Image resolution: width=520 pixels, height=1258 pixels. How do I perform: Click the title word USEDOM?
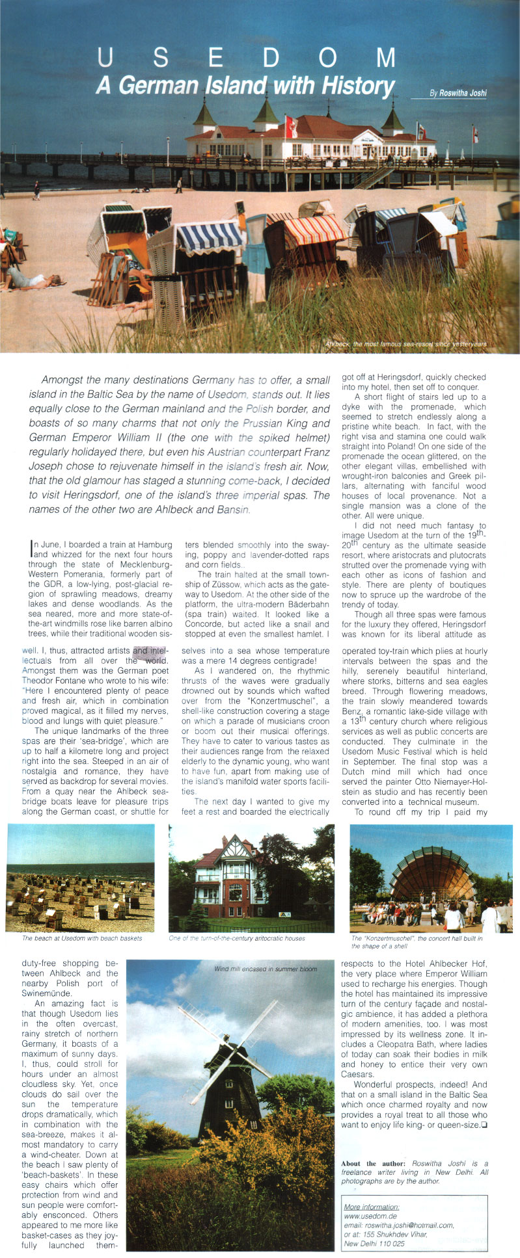[246, 59]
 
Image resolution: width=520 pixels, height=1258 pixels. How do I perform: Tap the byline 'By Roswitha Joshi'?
[458, 93]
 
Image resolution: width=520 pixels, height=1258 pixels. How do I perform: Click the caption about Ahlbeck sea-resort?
[404, 343]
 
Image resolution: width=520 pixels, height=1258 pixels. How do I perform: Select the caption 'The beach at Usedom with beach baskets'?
[82, 938]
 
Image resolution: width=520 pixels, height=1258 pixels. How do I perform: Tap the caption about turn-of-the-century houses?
[237, 938]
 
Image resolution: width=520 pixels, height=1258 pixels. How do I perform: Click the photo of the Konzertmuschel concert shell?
[431, 878]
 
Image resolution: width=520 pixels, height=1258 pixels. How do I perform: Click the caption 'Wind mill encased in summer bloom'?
[266, 969]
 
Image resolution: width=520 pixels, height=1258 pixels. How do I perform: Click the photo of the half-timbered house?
[251, 878]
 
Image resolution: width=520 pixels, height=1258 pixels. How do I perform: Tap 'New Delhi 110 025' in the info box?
[374, 1244]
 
